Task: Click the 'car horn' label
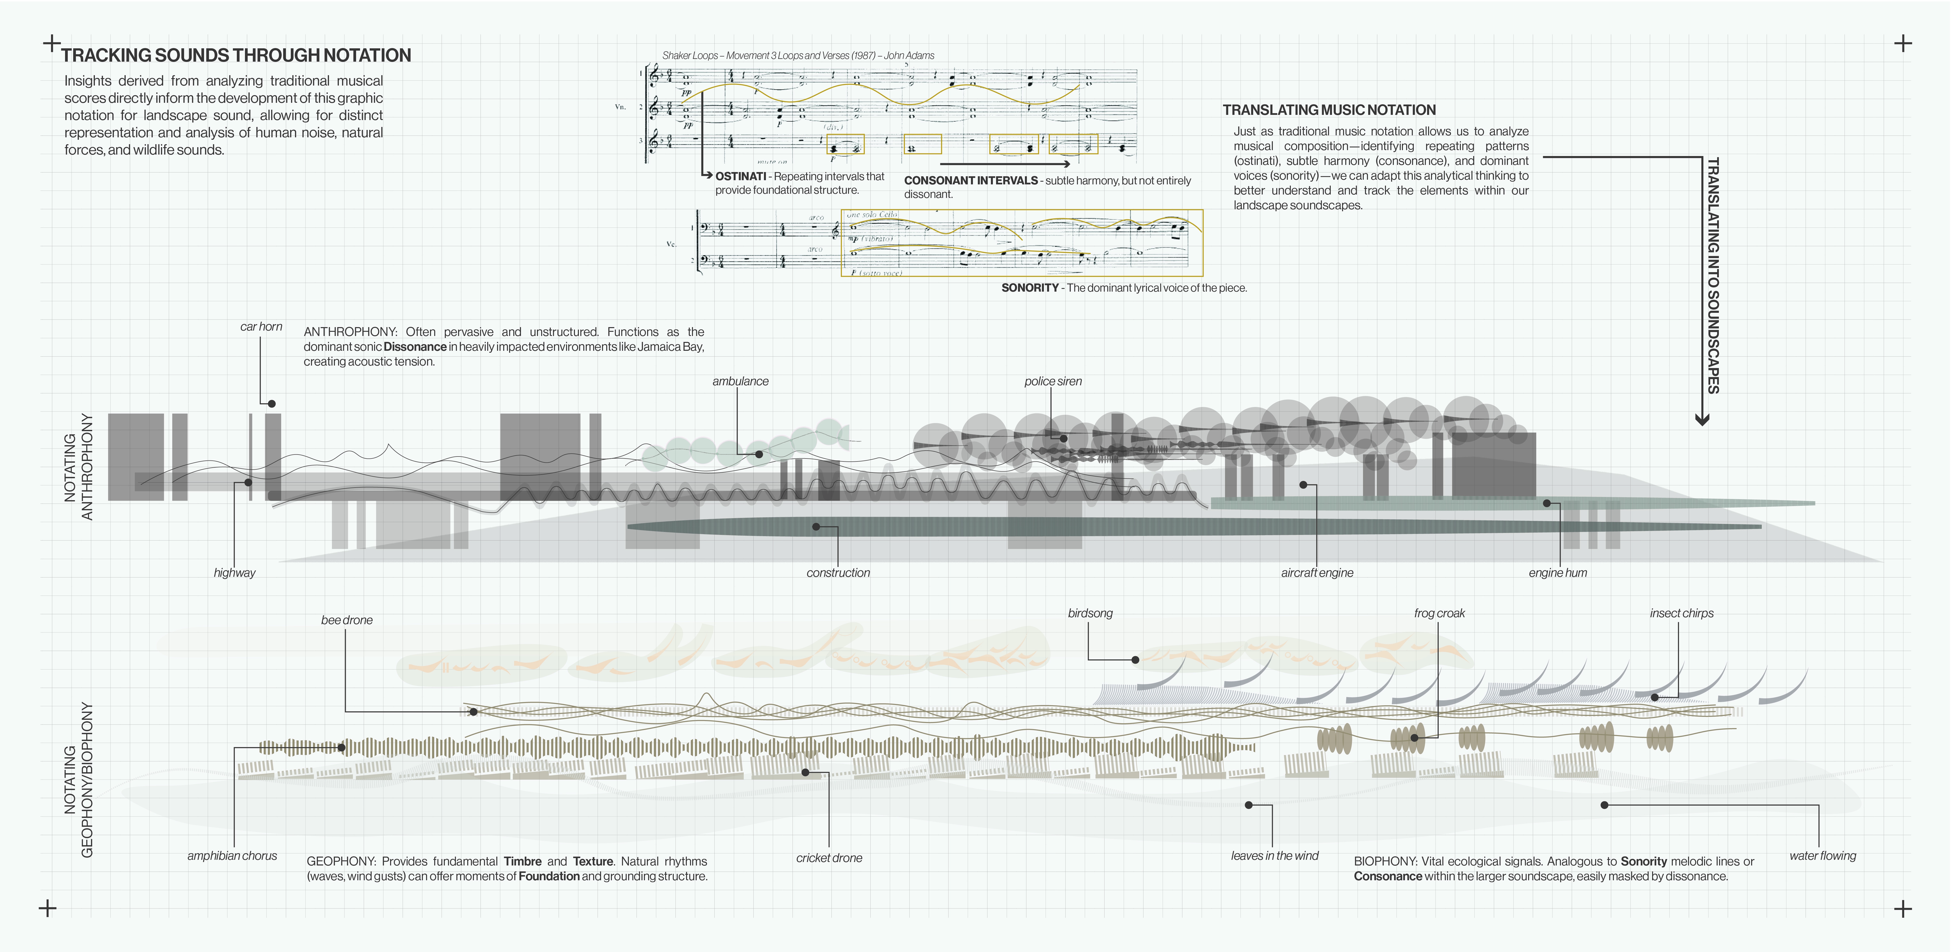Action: pos(261,326)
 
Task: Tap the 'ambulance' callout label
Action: pos(740,381)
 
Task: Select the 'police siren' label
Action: pos(1053,381)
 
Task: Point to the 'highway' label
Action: pos(234,573)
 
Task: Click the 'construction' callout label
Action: pos(838,573)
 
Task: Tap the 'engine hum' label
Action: pos(1557,573)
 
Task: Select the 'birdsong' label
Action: pos(1090,613)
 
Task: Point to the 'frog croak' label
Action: pos(1439,613)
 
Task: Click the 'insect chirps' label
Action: pos(1681,613)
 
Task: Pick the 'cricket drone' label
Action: pos(829,857)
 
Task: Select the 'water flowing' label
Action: pos(1822,855)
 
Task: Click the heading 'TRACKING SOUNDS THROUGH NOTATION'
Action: pos(236,55)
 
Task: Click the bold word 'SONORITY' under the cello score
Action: pos(1029,288)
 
